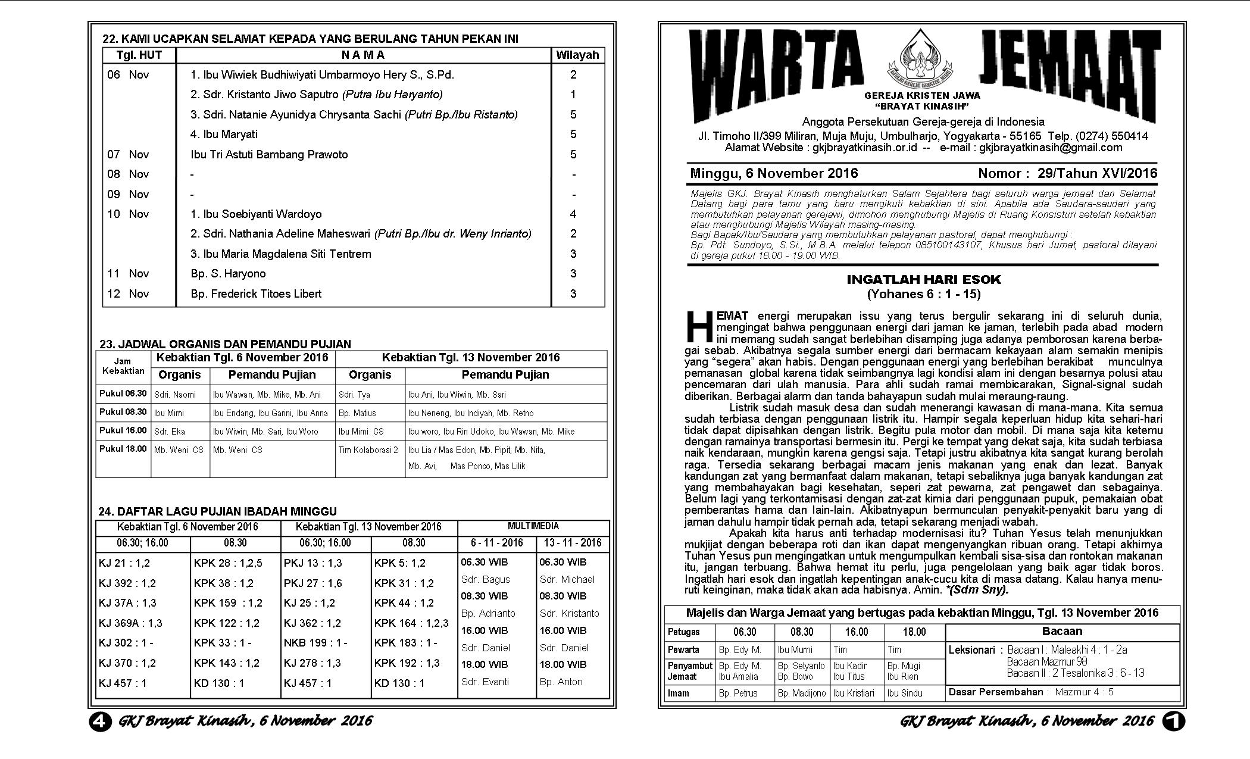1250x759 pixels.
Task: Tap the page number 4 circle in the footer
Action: tap(100, 721)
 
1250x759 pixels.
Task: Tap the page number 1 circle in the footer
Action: tap(1174, 721)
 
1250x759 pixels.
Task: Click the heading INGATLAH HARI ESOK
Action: tap(924, 280)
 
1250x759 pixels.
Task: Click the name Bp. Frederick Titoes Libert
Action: tap(256, 293)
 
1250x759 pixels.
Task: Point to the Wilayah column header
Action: tap(577, 55)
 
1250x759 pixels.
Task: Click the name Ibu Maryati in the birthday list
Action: tap(224, 134)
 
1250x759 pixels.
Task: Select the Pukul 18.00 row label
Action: tap(123, 449)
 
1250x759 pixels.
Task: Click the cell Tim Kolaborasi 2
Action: tap(368, 450)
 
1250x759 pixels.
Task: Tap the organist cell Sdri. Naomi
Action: tap(175, 395)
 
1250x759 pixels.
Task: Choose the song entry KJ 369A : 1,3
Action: tap(130, 623)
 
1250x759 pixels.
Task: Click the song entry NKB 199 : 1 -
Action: tap(315, 643)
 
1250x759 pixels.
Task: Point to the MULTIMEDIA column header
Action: tap(533, 526)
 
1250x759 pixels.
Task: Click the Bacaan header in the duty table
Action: tap(1062, 632)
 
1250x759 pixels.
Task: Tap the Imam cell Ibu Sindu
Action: tap(904, 693)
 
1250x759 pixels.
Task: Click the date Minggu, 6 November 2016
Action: tap(774, 173)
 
